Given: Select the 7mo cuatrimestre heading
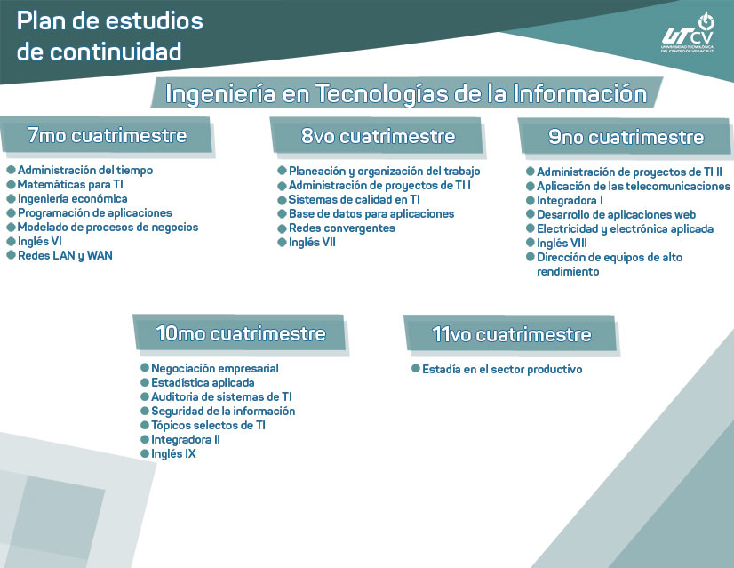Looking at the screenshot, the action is [108, 135].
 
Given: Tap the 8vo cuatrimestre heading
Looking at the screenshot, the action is [378, 136].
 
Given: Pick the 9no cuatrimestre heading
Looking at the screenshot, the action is [626, 137].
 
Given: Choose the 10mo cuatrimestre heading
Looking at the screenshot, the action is [241, 334].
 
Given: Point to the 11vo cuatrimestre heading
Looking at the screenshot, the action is [511, 335].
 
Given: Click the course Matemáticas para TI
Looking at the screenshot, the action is [70, 185].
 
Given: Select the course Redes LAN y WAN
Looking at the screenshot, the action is [65, 256].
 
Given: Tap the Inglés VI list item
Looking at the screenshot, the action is [40, 242].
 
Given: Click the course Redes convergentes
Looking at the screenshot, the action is [342, 228].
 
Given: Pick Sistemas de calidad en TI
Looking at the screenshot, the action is [354, 200].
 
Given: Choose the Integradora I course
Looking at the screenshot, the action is [570, 201].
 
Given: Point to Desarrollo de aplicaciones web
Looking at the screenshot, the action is [616, 215].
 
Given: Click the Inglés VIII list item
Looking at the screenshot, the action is [562, 244].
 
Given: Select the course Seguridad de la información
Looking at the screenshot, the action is [223, 412].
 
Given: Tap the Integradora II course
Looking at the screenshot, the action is [186, 440].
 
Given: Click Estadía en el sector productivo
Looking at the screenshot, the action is [502, 370].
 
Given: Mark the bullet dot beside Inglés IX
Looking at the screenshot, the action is [145, 453].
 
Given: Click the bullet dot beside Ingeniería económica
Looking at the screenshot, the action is [12, 198].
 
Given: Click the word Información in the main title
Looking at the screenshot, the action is [580, 93].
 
